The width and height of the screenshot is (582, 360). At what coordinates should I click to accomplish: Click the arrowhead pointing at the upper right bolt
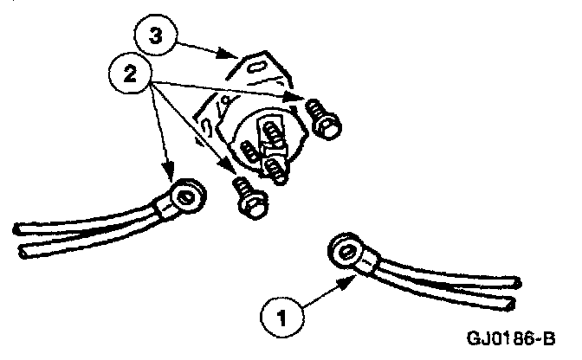click(298, 103)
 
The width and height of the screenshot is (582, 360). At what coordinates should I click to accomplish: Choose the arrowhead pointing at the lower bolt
click(230, 170)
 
